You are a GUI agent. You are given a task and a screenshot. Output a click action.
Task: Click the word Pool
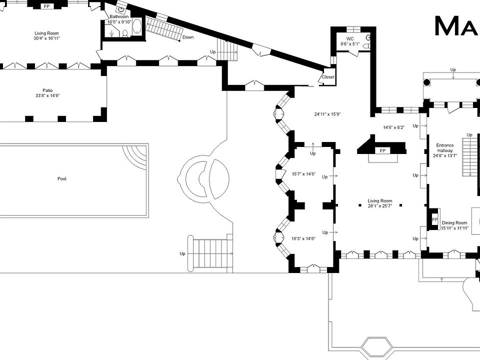[61, 179]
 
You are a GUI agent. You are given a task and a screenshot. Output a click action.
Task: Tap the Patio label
[47, 90]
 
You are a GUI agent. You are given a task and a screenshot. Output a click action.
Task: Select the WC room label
[350, 38]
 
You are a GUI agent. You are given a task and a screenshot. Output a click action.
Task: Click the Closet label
[328, 77]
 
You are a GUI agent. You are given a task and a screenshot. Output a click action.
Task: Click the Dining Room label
[454, 223]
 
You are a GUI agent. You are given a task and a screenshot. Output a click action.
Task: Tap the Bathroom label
[119, 16]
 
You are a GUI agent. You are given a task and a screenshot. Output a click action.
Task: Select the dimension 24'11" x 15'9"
[327, 114]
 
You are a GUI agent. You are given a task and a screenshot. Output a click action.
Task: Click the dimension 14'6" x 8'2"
[393, 127]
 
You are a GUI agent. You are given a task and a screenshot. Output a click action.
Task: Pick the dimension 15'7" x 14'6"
[304, 174]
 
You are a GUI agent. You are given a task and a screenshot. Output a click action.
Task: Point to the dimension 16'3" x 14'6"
[303, 238]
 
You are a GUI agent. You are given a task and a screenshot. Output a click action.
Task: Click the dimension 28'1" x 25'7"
[380, 205]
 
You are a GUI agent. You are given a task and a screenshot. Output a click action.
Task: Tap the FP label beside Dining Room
[434, 220]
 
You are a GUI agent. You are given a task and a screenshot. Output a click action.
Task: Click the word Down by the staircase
[188, 37]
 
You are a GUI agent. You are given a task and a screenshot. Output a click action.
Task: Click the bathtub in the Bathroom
[137, 26]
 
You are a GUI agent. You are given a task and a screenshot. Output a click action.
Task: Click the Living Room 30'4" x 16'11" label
[46, 36]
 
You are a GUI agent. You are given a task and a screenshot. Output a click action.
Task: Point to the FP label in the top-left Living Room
[47, 6]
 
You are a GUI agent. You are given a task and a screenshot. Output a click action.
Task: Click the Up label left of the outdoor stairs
[182, 254]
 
